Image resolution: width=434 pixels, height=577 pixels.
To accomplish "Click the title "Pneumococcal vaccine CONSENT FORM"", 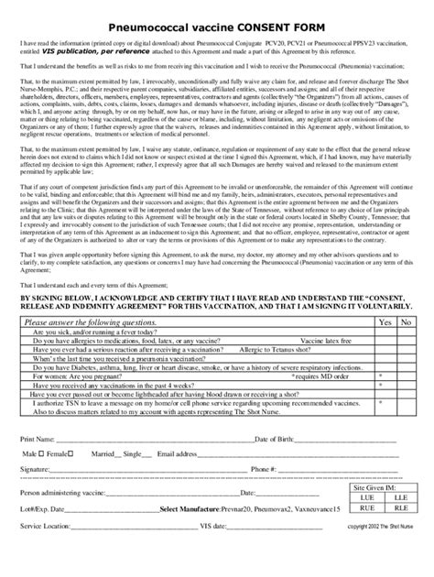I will point(217,29).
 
